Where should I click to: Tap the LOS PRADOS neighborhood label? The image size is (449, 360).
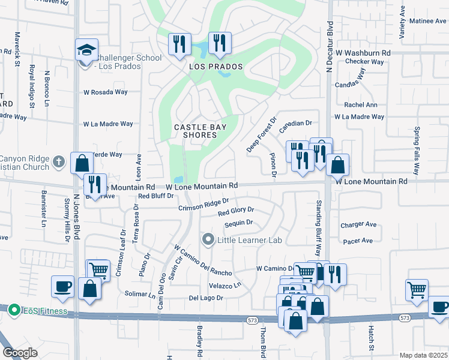pos(216,67)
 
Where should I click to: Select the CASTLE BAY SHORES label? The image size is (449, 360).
pos(196,131)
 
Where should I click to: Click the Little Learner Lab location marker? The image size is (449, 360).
pos(208,240)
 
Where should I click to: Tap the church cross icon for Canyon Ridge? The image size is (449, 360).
pos(58,161)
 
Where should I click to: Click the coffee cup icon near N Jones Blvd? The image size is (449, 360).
pos(63,286)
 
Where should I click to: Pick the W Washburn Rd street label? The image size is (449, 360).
pos(363,53)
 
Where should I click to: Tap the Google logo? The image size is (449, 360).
pos(20,353)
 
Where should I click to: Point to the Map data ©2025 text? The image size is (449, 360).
pos(423,355)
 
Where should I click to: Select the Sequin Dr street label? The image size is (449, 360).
pos(238,223)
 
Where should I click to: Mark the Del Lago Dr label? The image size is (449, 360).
pos(206,298)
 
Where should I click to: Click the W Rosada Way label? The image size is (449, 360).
pos(106,92)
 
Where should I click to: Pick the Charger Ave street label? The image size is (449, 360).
pos(358,225)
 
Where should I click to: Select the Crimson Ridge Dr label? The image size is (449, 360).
pos(203,205)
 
